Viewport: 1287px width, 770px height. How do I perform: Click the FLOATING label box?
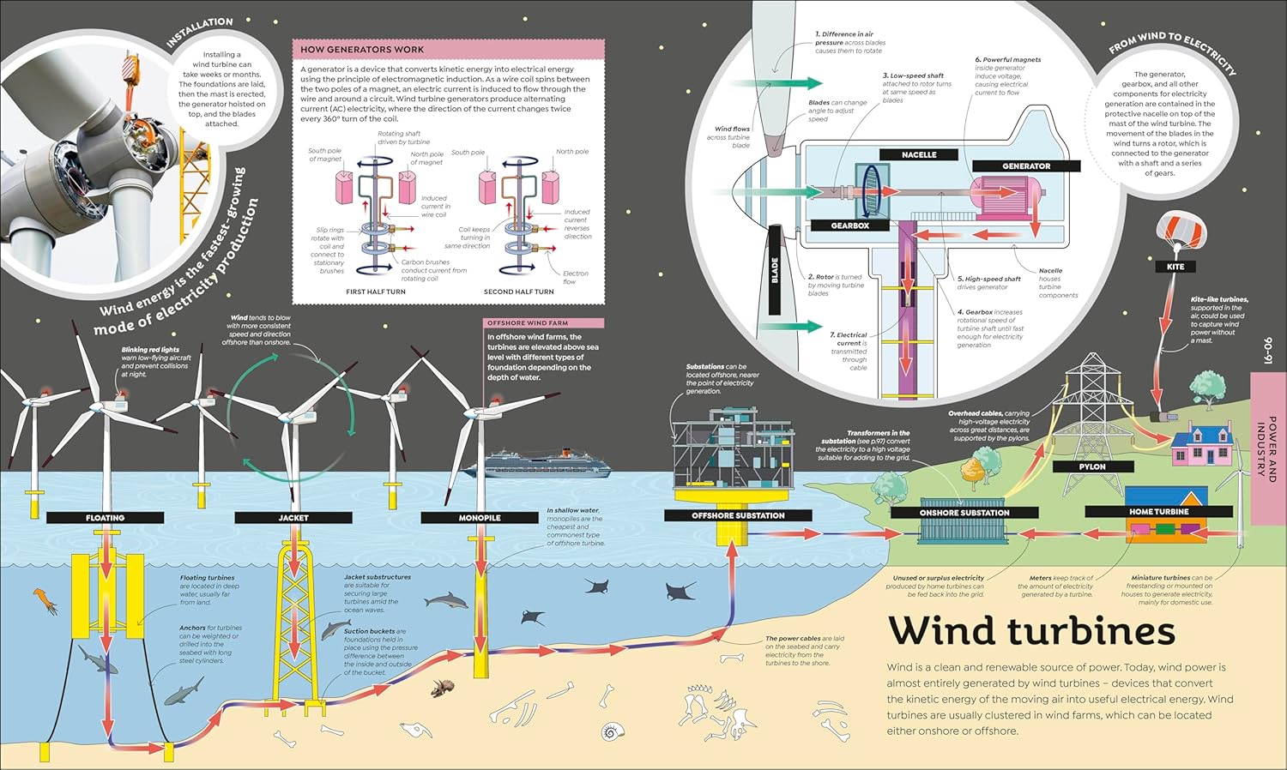[105, 518]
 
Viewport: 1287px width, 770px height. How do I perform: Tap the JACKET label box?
[293, 518]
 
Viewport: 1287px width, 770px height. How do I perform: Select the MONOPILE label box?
[480, 518]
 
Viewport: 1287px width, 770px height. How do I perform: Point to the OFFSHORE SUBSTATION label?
[738, 515]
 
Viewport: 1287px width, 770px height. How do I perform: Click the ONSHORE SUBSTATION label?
[964, 513]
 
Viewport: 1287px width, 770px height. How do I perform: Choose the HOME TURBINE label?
[1158, 512]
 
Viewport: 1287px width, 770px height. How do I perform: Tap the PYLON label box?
[1092, 466]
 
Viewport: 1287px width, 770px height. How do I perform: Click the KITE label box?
[1175, 267]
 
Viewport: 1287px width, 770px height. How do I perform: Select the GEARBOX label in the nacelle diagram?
[850, 226]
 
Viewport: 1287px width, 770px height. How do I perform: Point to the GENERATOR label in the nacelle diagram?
[1026, 165]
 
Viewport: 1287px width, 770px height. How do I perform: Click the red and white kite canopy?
[1175, 228]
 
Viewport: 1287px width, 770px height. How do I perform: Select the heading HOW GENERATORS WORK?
[362, 50]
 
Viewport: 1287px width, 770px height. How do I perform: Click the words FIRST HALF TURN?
[376, 292]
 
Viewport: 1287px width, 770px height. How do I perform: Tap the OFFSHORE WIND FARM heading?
[528, 323]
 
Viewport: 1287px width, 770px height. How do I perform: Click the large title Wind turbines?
[1031, 631]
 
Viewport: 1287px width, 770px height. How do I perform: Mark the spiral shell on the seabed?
[613, 731]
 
